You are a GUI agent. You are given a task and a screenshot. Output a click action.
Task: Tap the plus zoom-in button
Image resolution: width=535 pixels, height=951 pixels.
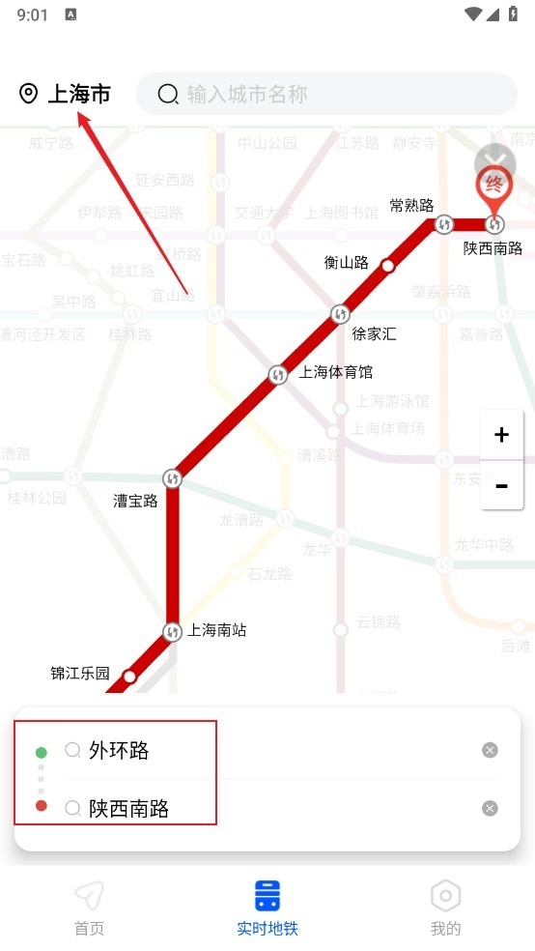click(x=501, y=435)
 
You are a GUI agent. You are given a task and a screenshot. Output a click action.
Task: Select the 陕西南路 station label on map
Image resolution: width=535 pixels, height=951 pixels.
click(x=493, y=248)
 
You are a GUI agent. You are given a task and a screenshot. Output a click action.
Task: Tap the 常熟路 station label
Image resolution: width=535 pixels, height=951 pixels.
click(x=411, y=205)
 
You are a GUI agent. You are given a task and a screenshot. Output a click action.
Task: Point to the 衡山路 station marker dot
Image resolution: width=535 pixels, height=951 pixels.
click(x=388, y=266)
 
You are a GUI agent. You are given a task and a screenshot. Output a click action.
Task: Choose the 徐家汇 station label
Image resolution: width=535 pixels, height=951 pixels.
click(x=374, y=334)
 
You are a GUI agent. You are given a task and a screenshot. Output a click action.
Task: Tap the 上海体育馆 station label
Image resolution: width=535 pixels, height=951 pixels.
click(x=335, y=372)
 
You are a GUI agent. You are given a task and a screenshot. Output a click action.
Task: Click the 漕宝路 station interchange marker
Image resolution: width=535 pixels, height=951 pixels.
click(x=173, y=478)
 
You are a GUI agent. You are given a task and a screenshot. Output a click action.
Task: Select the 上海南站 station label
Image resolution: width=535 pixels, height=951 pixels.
click(x=217, y=630)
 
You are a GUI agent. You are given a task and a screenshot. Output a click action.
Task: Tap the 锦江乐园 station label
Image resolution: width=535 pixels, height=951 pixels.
click(x=80, y=674)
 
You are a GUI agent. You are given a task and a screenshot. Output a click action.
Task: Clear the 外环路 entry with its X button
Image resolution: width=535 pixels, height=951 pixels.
click(x=490, y=750)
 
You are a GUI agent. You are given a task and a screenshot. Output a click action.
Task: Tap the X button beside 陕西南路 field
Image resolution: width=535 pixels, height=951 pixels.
click(x=490, y=808)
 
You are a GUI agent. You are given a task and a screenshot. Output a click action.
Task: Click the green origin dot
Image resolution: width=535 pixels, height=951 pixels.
click(x=41, y=752)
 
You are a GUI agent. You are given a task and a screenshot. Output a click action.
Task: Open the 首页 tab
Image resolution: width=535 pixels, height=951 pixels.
click(x=89, y=908)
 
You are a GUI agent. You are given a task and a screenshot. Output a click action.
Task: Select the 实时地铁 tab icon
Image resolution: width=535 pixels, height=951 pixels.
click(x=267, y=896)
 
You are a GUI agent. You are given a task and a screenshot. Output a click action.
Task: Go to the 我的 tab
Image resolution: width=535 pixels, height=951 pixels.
click(x=445, y=908)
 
